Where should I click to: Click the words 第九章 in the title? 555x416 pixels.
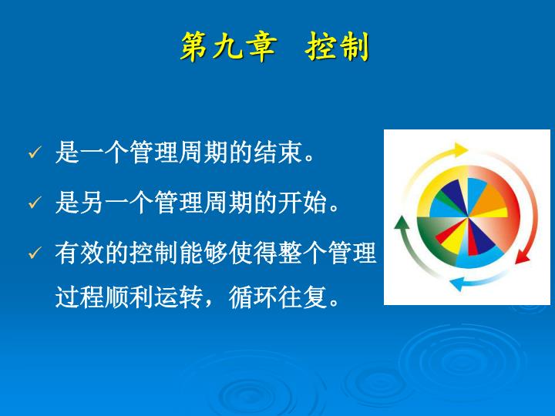coord(228,47)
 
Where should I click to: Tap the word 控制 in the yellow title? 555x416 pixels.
coord(338,47)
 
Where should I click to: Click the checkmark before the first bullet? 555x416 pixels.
coord(35,152)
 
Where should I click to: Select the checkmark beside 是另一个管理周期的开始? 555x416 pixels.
coord(35,203)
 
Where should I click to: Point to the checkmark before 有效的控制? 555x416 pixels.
coord(35,253)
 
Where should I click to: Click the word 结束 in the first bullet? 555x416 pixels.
coord(277,153)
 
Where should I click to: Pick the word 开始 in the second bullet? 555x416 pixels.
coord(303,203)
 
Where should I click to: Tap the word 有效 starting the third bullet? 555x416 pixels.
coord(79,253)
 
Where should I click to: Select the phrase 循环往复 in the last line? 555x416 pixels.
coord(277,297)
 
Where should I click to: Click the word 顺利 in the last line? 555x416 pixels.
coord(129,297)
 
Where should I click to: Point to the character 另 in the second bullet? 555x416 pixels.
coord(92,203)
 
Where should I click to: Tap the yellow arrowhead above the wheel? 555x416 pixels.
coord(461,150)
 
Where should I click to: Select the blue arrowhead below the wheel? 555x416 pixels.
coord(456,283)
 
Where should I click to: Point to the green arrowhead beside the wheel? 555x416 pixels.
coord(402,222)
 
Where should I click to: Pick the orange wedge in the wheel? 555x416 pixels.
coord(489,200)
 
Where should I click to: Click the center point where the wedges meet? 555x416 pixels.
coord(468,216)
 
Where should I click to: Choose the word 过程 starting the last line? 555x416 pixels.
coord(79,297)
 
